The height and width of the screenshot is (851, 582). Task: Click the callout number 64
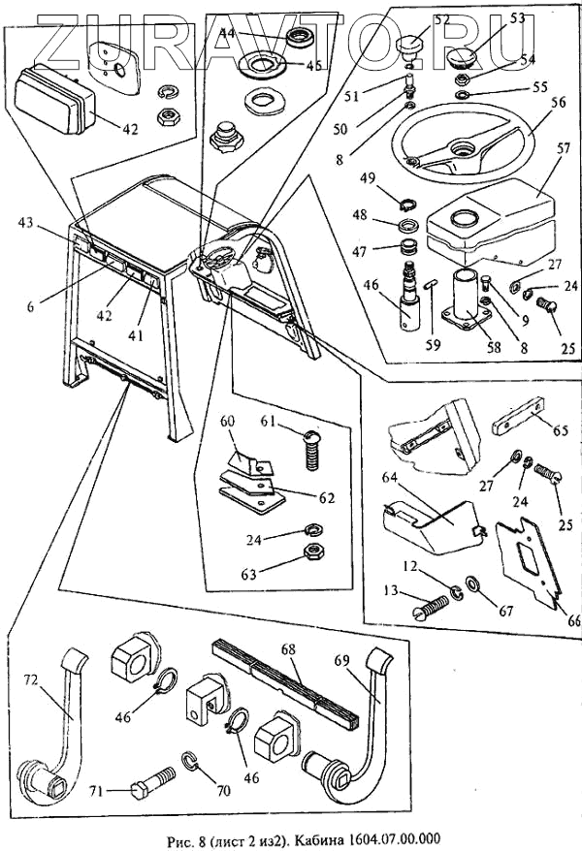[391, 478]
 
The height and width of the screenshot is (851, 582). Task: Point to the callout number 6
[31, 305]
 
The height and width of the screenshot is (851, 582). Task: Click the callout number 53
[517, 19]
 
